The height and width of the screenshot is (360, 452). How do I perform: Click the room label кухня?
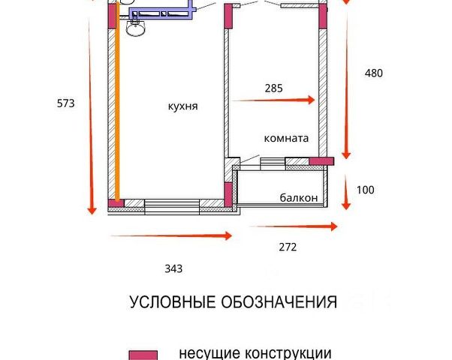(x=183, y=106)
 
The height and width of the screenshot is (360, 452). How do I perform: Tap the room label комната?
(x=286, y=139)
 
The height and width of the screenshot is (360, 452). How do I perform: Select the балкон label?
(x=299, y=198)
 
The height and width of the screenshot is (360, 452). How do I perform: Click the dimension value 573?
(x=65, y=104)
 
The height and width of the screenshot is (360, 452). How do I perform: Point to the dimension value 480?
(x=373, y=73)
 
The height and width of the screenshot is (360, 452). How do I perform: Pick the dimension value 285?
(x=274, y=88)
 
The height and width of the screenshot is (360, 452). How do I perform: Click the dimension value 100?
(x=365, y=190)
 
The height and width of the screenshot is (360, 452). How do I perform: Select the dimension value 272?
(x=288, y=247)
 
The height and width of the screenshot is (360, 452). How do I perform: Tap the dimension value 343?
(x=173, y=268)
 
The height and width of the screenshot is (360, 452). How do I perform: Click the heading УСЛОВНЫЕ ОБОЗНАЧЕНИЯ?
(x=233, y=303)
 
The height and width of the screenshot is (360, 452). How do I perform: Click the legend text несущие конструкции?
(x=255, y=352)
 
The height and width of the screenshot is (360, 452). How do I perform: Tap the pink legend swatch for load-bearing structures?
(x=143, y=355)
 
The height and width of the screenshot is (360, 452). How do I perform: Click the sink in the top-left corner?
(x=135, y=28)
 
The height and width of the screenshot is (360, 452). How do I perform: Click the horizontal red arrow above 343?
(x=171, y=235)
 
